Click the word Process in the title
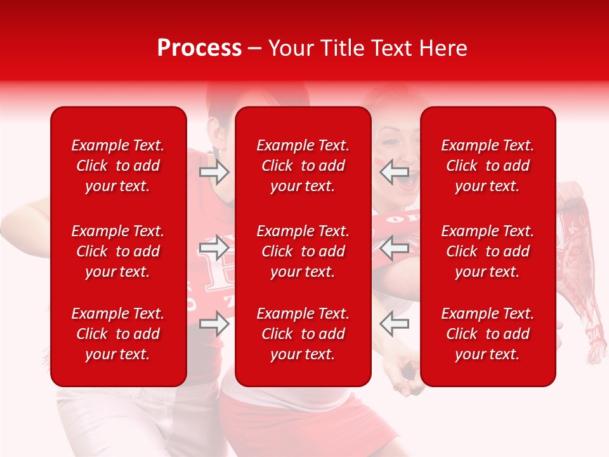(199, 48)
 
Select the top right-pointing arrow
(214, 172)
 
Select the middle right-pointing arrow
(214, 248)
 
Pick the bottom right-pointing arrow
(214, 324)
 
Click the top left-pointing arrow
(395, 172)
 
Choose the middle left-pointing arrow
(395, 248)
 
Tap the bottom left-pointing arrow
(395, 324)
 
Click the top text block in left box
(118, 166)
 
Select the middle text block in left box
(118, 251)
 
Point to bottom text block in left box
(118, 334)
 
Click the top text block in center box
(303, 166)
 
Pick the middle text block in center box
(303, 251)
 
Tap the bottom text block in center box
(303, 334)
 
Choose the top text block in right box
(488, 166)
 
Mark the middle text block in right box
(488, 251)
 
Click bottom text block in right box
(488, 334)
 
